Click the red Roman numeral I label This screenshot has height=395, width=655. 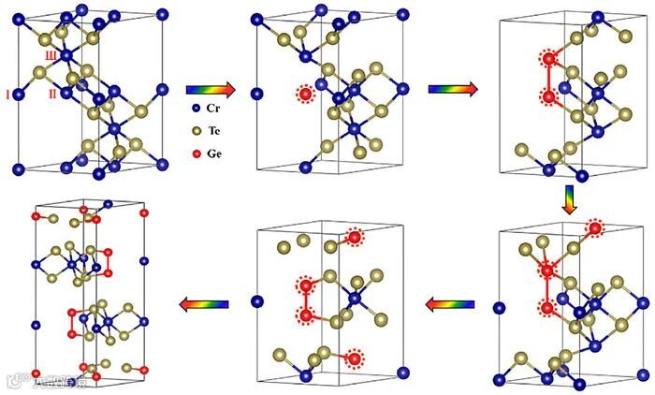pyautogui.click(x=8, y=95)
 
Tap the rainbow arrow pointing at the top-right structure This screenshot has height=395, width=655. pyautogui.click(x=454, y=89)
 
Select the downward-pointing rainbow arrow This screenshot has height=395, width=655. pyautogui.click(x=569, y=198)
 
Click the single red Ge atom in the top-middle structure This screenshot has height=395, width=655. pyautogui.click(x=306, y=94)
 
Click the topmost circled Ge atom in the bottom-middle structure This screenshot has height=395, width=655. pyautogui.click(x=354, y=238)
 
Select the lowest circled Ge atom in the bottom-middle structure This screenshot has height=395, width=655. pyautogui.click(x=354, y=357)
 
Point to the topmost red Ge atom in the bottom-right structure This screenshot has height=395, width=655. pyautogui.click(x=595, y=227)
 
